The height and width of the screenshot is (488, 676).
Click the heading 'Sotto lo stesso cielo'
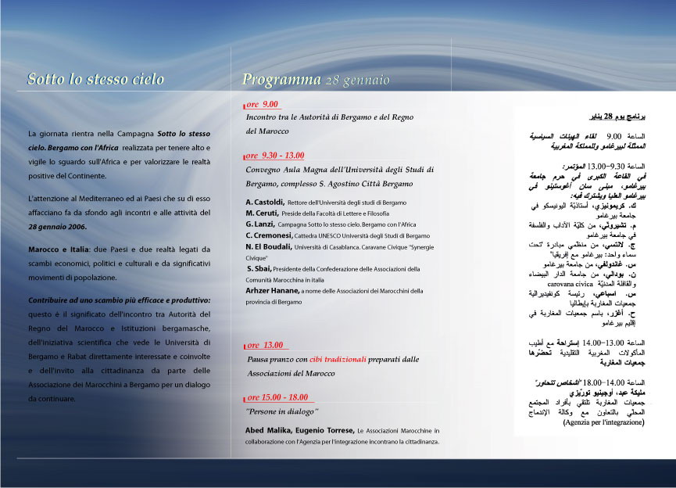95,79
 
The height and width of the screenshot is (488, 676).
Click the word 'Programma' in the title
281,79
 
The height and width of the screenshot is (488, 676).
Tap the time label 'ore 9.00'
263,104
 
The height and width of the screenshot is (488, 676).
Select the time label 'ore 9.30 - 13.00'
276,156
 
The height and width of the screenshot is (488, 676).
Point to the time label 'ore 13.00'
266,345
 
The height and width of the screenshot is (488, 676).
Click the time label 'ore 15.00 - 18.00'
277,397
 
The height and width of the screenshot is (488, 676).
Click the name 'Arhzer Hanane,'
277,291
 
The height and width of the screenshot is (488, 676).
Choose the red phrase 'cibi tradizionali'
337,359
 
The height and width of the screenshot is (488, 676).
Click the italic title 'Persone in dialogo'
282,411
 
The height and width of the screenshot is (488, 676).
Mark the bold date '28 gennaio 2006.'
57,227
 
